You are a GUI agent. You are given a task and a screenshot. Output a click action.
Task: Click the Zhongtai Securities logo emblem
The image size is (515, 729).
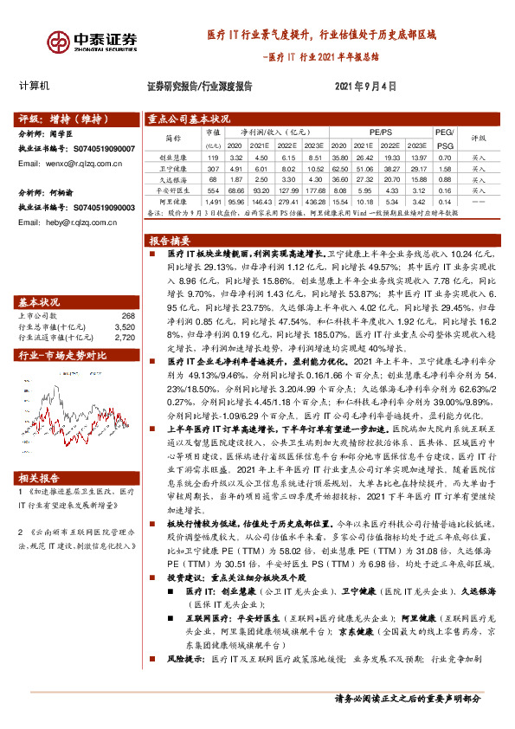tap(60, 40)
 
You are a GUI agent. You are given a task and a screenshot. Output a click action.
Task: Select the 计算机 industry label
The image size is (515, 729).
tap(35, 87)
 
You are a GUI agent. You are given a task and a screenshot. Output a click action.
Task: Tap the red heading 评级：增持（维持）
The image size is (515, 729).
tap(54, 119)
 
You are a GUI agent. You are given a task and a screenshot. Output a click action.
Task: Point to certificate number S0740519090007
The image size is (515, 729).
tap(101, 149)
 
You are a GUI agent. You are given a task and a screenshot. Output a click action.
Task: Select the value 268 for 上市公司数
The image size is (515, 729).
tap(129, 316)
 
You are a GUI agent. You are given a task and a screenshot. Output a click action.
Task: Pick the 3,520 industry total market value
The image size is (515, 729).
tap(126, 326)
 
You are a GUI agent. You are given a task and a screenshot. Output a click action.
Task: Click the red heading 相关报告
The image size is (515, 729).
tap(40, 477)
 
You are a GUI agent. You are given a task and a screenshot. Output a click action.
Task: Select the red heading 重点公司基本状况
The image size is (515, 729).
tap(188, 119)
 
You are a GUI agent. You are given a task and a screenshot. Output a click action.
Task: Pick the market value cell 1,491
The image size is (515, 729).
tap(213, 201)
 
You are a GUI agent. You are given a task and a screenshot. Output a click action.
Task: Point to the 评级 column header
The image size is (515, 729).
tap(478, 136)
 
